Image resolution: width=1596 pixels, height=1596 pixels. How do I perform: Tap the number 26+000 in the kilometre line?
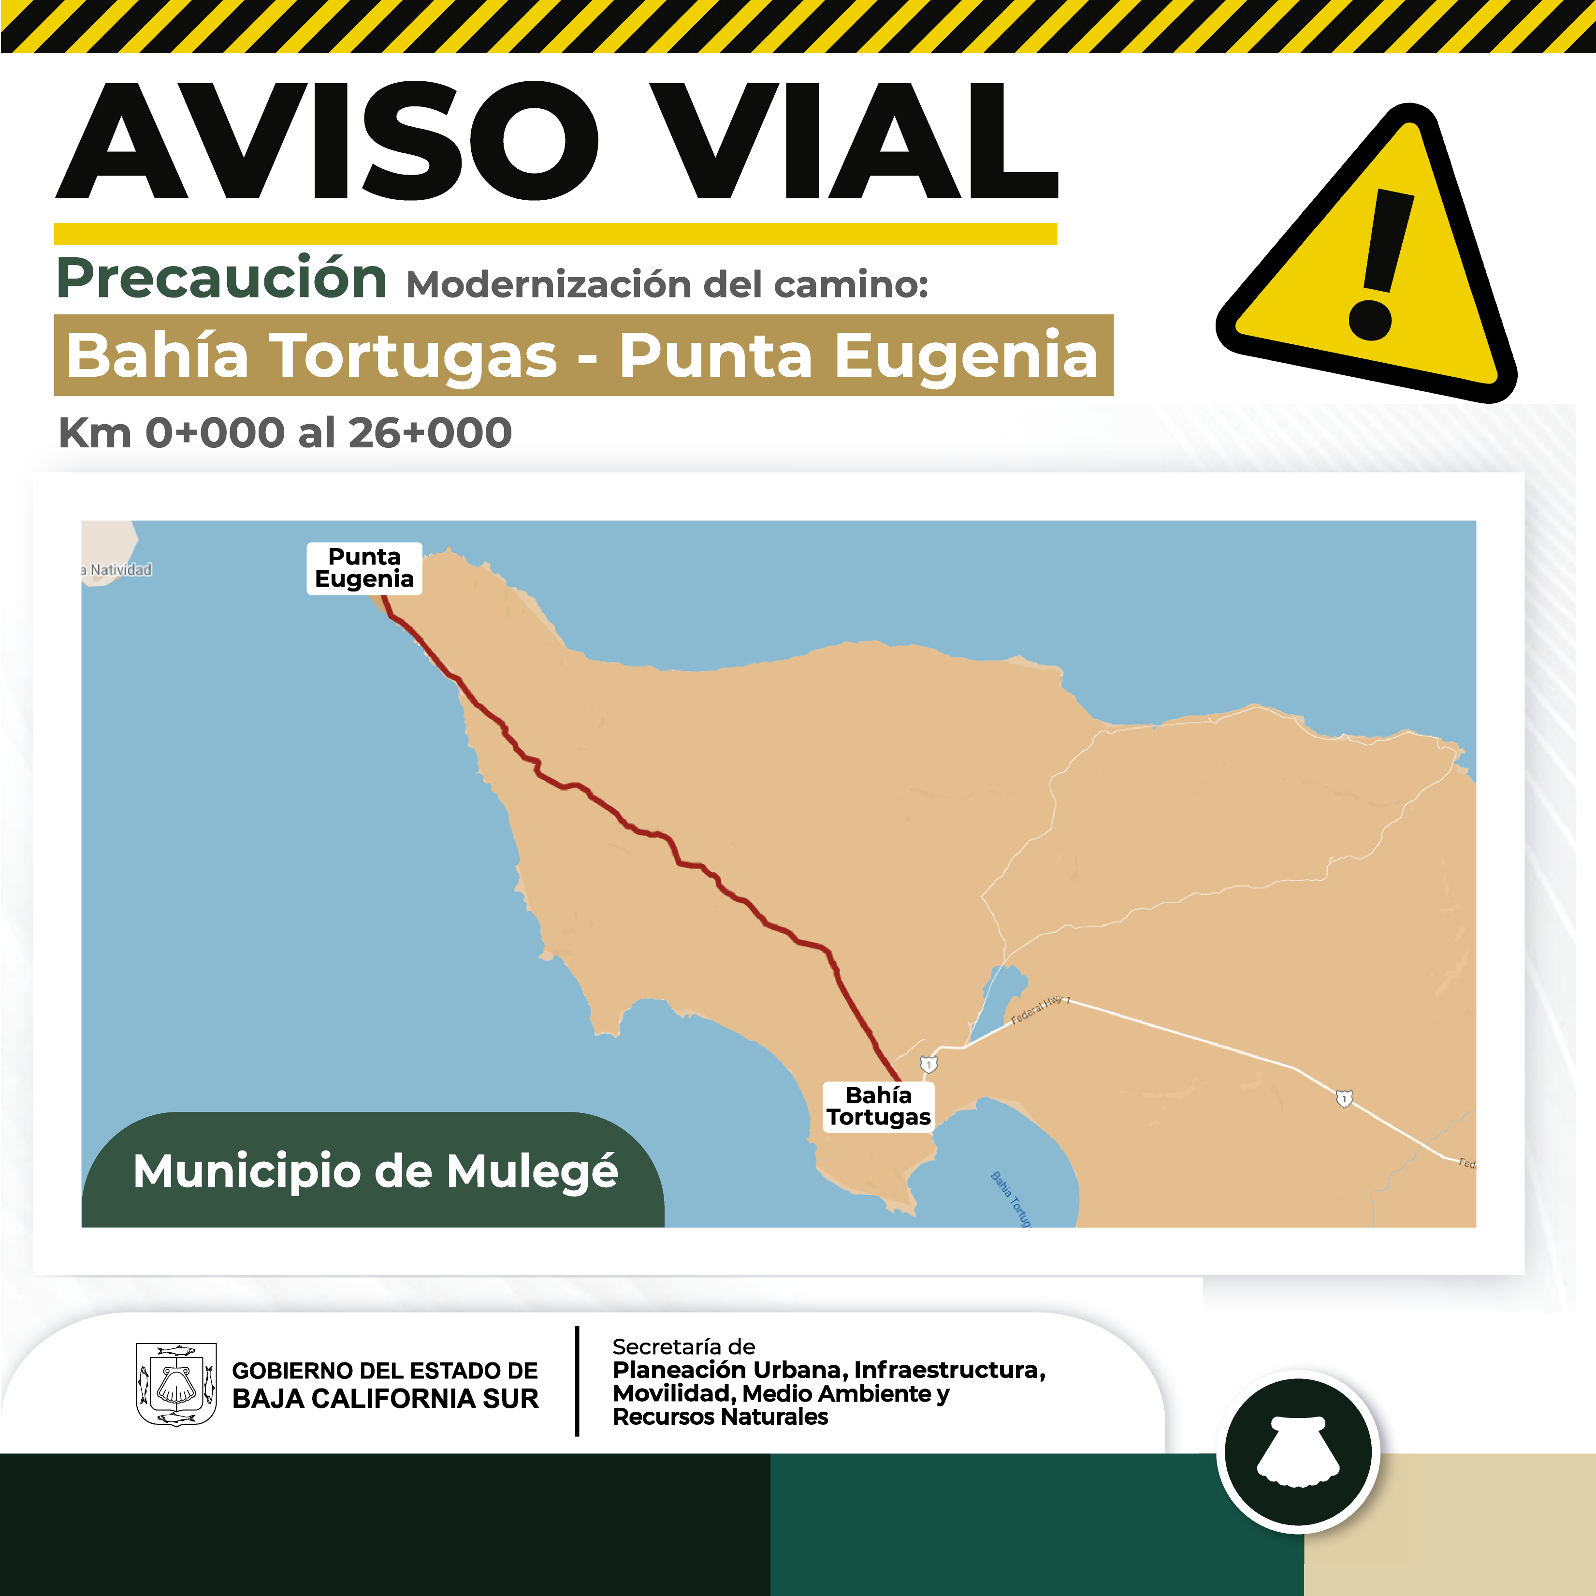tap(430, 433)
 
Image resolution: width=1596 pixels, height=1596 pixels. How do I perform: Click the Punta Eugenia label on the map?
tap(364, 568)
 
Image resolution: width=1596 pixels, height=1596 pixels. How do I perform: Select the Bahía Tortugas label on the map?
tap(878, 1106)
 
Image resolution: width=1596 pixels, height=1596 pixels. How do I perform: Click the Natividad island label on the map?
tap(120, 569)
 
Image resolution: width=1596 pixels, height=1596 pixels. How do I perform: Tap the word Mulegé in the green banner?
tap(533, 1171)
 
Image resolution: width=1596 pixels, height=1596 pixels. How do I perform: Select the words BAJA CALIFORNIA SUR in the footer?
tap(385, 1399)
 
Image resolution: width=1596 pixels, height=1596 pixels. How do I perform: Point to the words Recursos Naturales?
tap(720, 1417)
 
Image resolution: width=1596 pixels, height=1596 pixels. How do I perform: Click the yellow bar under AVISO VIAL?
tap(555, 234)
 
